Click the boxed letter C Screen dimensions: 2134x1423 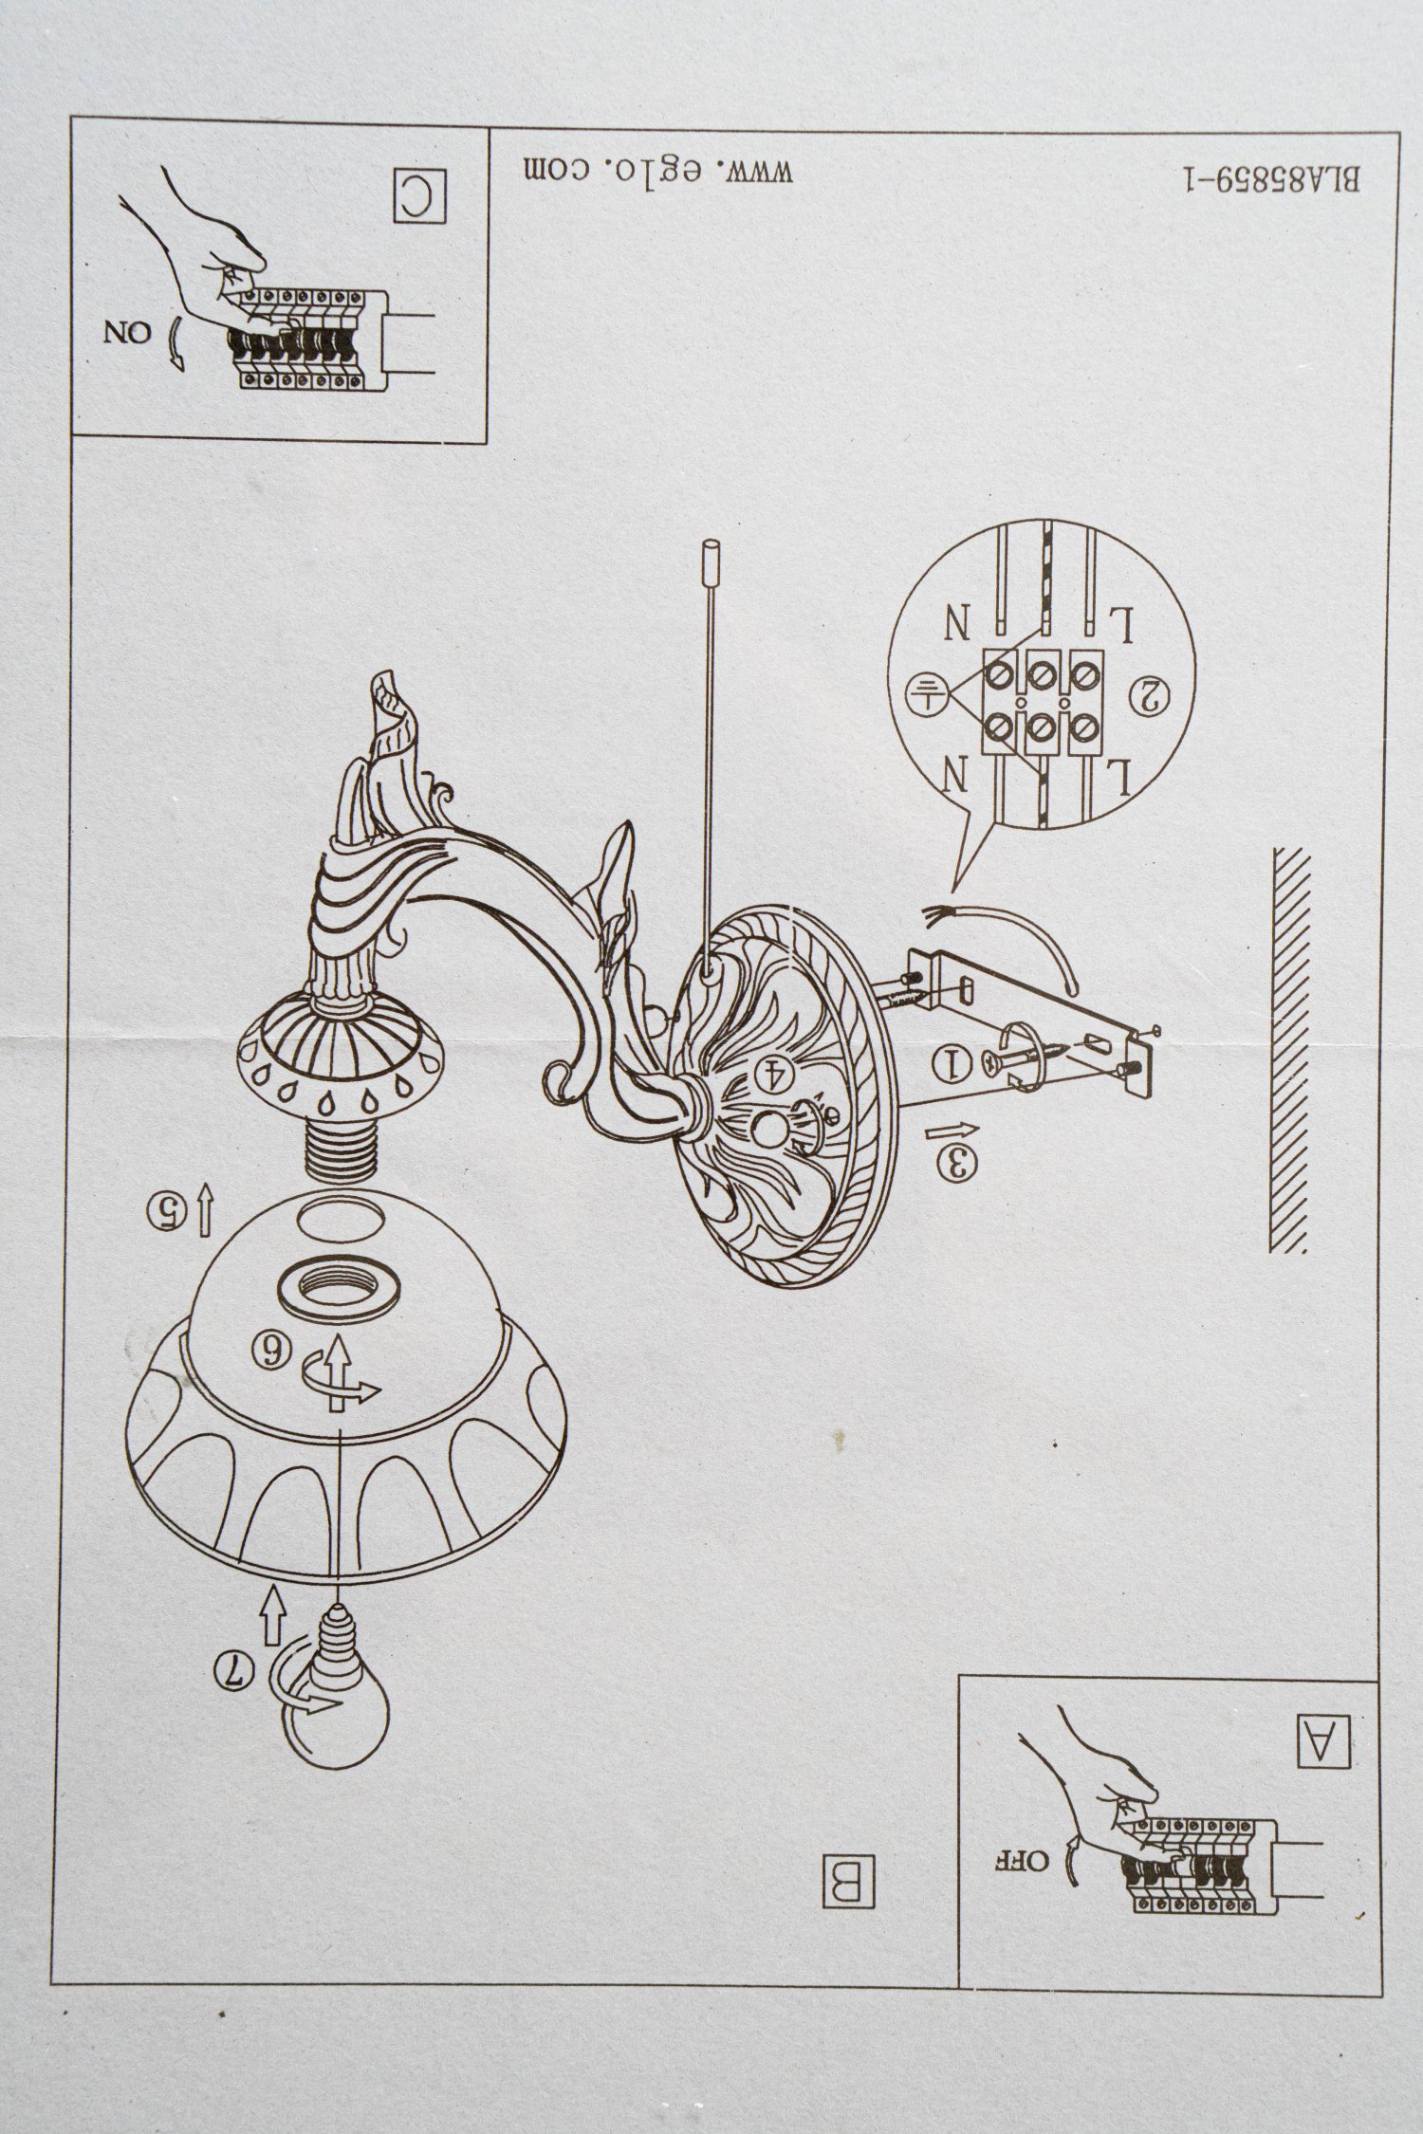pos(419,196)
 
